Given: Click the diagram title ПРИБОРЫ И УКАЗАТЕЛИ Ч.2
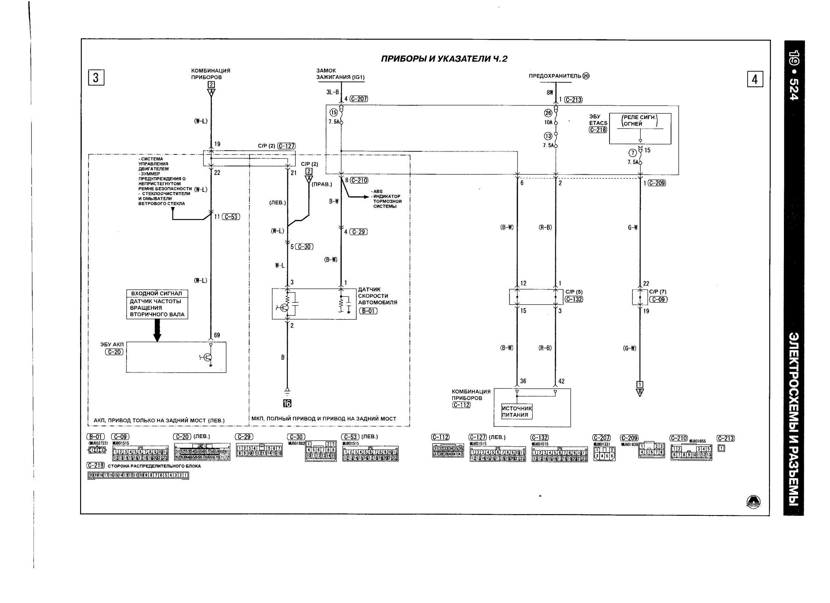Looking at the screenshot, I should tap(444, 59).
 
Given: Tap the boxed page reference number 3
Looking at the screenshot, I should tap(96, 78).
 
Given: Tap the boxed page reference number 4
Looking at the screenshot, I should tap(755, 79).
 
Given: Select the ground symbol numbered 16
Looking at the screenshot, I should tap(287, 403).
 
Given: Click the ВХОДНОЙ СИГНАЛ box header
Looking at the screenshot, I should tap(157, 294).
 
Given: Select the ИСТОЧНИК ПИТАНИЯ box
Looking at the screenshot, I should tap(516, 412).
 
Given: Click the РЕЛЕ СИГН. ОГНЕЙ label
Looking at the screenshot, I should tap(639, 121).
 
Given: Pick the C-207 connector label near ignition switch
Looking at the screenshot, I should tap(359, 99).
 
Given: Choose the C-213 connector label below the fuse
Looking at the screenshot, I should tap(573, 100).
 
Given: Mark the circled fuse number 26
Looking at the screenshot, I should tap(548, 113).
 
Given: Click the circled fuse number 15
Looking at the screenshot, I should tap(334, 113).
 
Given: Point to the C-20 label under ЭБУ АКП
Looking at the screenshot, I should tap(114, 352).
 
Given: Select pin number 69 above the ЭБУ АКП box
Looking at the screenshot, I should tap(217, 335).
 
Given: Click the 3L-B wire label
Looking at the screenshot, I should tap(333, 92).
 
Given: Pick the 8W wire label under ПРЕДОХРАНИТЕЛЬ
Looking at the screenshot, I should tap(550, 93).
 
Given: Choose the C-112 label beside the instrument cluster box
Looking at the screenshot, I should tap(461, 405).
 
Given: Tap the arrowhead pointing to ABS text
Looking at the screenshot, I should tap(366, 197).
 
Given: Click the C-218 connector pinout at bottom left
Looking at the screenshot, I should tap(138, 476).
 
